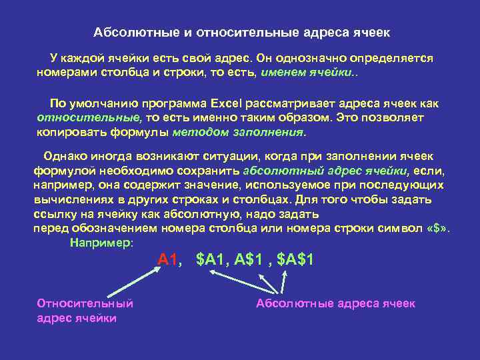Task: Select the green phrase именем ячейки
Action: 308,72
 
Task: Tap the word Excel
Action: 227,104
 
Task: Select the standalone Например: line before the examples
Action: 101,243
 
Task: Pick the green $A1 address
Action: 213,260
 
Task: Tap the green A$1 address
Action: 249,260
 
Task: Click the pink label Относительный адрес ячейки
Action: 85,311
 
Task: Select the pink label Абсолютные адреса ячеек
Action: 335,303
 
